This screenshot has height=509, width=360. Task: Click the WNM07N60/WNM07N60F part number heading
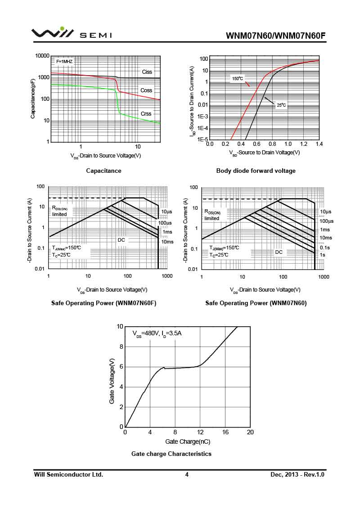(x=275, y=36)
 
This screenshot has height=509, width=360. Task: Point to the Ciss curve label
(x=147, y=72)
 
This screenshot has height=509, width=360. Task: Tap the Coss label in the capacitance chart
(x=146, y=90)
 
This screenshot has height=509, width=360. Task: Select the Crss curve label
(x=146, y=114)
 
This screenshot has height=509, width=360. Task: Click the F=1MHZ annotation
(x=64, y=61)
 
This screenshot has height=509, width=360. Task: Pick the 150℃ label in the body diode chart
(x=237, y=79)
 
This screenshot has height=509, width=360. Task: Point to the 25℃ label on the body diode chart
(x=281, y=105)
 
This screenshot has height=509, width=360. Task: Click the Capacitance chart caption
(x=103, y=171)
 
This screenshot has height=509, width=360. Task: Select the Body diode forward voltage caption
(x=256, y=171)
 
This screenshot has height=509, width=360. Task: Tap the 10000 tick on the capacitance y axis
(x=42, y=56)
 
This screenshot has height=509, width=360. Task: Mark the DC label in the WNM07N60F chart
(x=121, y=240)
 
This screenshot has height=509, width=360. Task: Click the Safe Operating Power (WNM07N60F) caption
(x=103, y=303)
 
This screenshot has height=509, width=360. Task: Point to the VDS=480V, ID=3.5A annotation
(x=157, y=334)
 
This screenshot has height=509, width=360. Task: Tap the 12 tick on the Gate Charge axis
(x=200, y=432)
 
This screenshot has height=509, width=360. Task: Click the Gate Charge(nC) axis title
(x=188, y=442)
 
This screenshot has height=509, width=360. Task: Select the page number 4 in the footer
(x=187, y=475)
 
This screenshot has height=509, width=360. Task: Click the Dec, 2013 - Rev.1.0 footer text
(x=297, y=475)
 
